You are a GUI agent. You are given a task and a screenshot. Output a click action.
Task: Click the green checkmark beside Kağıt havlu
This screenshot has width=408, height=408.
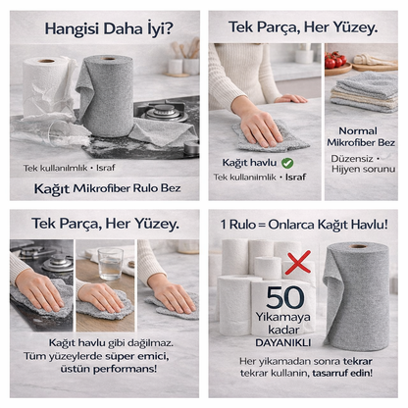(x=287, y=163)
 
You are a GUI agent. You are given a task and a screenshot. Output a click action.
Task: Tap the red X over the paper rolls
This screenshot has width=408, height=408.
(x=298, y=263)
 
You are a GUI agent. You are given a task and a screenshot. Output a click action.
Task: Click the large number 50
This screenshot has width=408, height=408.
(x=284, y=297)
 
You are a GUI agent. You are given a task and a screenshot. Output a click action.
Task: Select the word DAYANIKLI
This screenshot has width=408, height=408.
(x=283, y=343)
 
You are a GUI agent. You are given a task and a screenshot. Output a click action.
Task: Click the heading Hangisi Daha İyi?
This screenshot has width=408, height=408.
(x=109, y=28)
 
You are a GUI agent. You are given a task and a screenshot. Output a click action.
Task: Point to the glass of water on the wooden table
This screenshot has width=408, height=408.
(x=111, y=264)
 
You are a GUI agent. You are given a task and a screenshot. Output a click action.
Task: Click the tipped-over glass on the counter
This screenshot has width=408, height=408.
(x=67, y=133)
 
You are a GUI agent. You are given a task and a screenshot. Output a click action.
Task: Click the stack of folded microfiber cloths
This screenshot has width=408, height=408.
(x=364, y=91)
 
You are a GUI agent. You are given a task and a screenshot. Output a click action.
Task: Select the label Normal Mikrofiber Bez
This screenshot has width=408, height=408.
(x=361, y=136)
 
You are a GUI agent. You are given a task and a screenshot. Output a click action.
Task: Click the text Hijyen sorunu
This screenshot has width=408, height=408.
(x=363, y=169)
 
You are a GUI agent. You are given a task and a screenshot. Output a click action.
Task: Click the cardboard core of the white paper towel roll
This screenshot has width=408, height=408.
(x=46, y=61)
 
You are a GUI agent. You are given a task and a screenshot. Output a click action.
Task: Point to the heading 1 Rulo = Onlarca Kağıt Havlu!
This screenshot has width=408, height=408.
(x=304, y=225)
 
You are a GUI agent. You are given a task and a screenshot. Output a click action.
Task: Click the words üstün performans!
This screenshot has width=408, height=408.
(x=109, y=369)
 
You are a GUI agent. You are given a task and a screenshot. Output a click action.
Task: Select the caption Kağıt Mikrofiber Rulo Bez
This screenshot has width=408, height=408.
(x=108, y=188)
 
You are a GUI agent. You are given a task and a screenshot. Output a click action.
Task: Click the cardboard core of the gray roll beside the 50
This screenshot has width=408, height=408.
(x=358, y=246)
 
